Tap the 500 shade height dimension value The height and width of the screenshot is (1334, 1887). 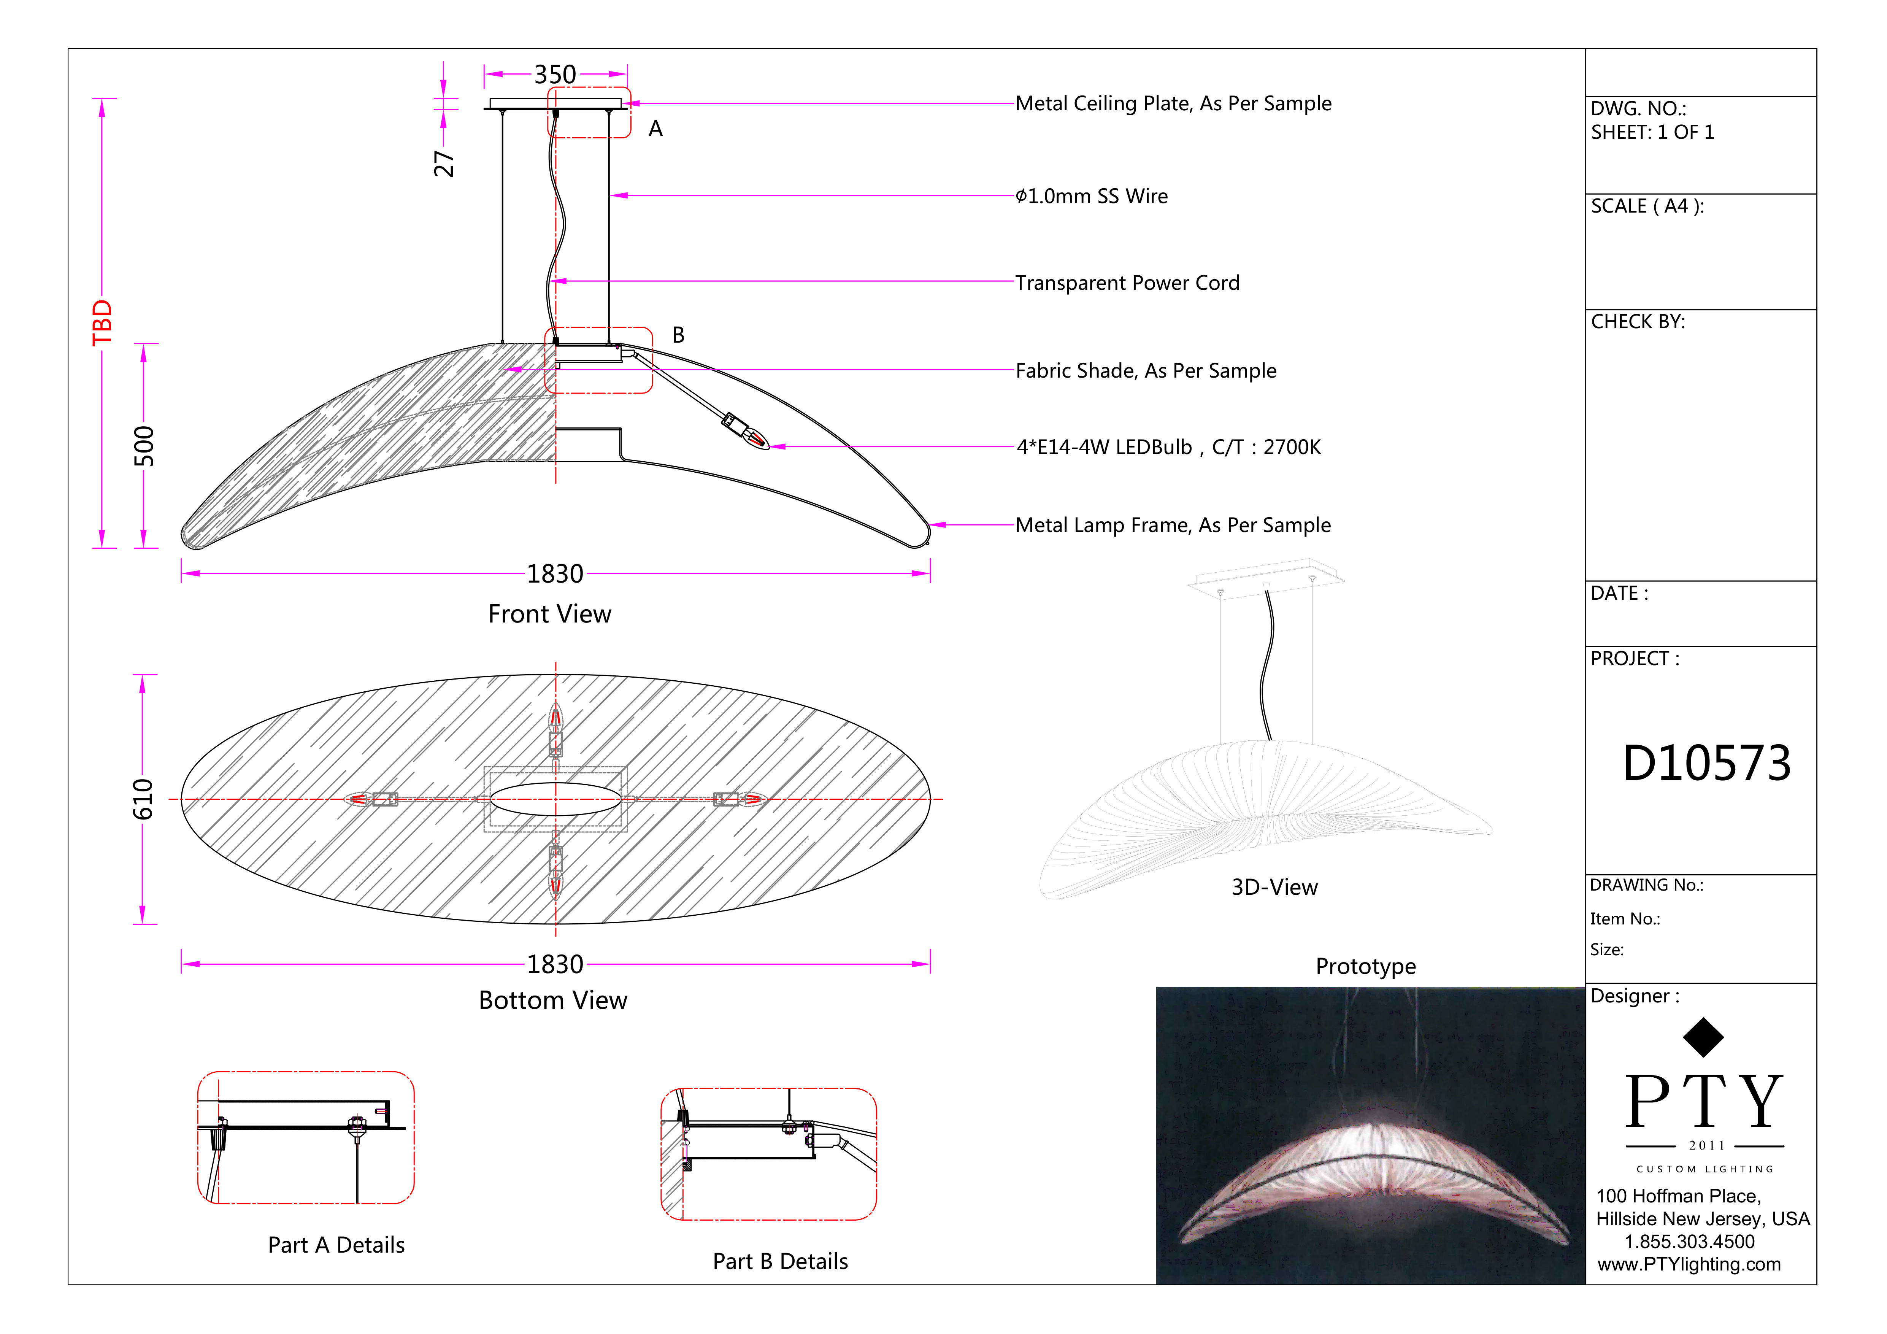tap(144, 446)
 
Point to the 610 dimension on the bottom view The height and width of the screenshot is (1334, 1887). tap(143, 799)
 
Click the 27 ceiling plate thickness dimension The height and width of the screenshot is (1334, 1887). tap(444, 164)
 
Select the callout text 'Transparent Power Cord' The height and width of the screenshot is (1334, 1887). tap(1127, 283)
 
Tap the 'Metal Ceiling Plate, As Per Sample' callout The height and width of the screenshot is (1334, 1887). tap(1173, 103)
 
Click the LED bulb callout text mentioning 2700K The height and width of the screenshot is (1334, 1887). tap(1168, 447)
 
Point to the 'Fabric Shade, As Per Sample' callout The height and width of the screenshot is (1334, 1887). tap(1146, 371)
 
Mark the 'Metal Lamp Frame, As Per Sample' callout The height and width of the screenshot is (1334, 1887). tap(1173, 525)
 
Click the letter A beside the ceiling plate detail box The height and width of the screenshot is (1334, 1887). tap(655, 129)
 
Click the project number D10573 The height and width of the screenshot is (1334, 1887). tap(1706, 763)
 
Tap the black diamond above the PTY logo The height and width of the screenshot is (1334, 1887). tap(1703, 1037)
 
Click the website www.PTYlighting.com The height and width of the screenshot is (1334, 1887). tap(1689, 1264)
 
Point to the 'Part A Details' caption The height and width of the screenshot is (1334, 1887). tap(336, 1245)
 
